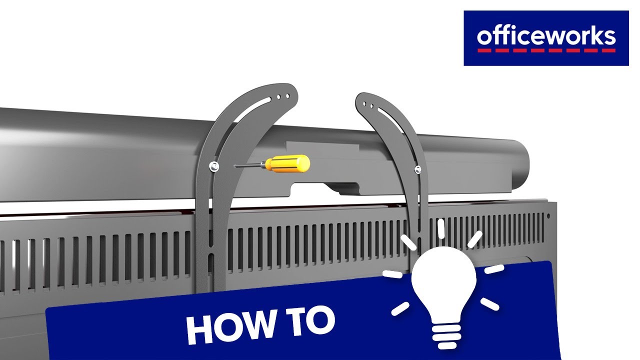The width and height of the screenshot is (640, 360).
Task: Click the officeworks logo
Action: [x=546, y=38]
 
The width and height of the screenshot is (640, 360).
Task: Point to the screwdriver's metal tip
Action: [x=235, y=166]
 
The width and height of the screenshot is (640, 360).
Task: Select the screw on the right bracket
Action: [x=417, y=169]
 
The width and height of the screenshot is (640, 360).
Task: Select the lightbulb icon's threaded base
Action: [x=446, y=336]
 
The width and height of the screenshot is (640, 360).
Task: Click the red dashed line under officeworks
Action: [x=546, y=50]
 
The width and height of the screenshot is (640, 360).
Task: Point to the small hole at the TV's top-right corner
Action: [x=548, y=216]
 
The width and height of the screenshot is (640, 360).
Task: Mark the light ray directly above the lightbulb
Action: [x=441, y=228]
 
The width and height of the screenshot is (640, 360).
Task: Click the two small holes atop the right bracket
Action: [x=368, y=105]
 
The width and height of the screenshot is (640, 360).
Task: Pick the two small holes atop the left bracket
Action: [x=283, y=96]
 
